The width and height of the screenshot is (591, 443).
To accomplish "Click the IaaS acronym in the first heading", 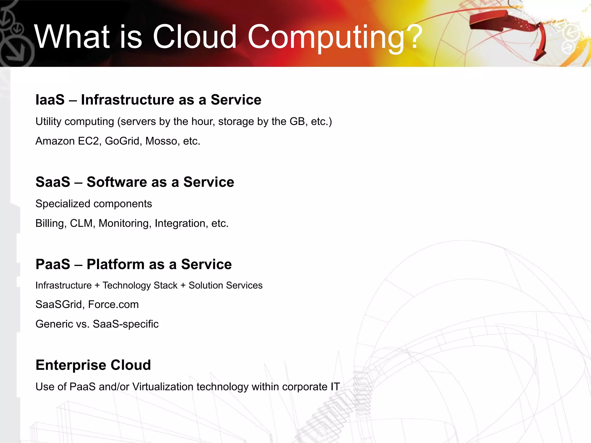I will (50, 100).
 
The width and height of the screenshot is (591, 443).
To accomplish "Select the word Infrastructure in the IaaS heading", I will (127, 100).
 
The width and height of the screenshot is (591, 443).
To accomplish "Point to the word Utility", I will (48, 121).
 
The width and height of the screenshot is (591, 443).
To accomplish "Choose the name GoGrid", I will (122, 141).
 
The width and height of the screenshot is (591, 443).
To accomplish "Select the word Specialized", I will (63, 204).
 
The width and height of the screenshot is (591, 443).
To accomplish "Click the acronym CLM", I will (81, 223).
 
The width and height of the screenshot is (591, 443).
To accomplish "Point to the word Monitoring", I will (124, 223).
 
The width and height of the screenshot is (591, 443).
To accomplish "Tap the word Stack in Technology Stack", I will (165, 285).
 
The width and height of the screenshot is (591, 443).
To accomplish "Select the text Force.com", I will (113, 305).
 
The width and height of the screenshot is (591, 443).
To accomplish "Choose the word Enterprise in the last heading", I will (71, 365).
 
